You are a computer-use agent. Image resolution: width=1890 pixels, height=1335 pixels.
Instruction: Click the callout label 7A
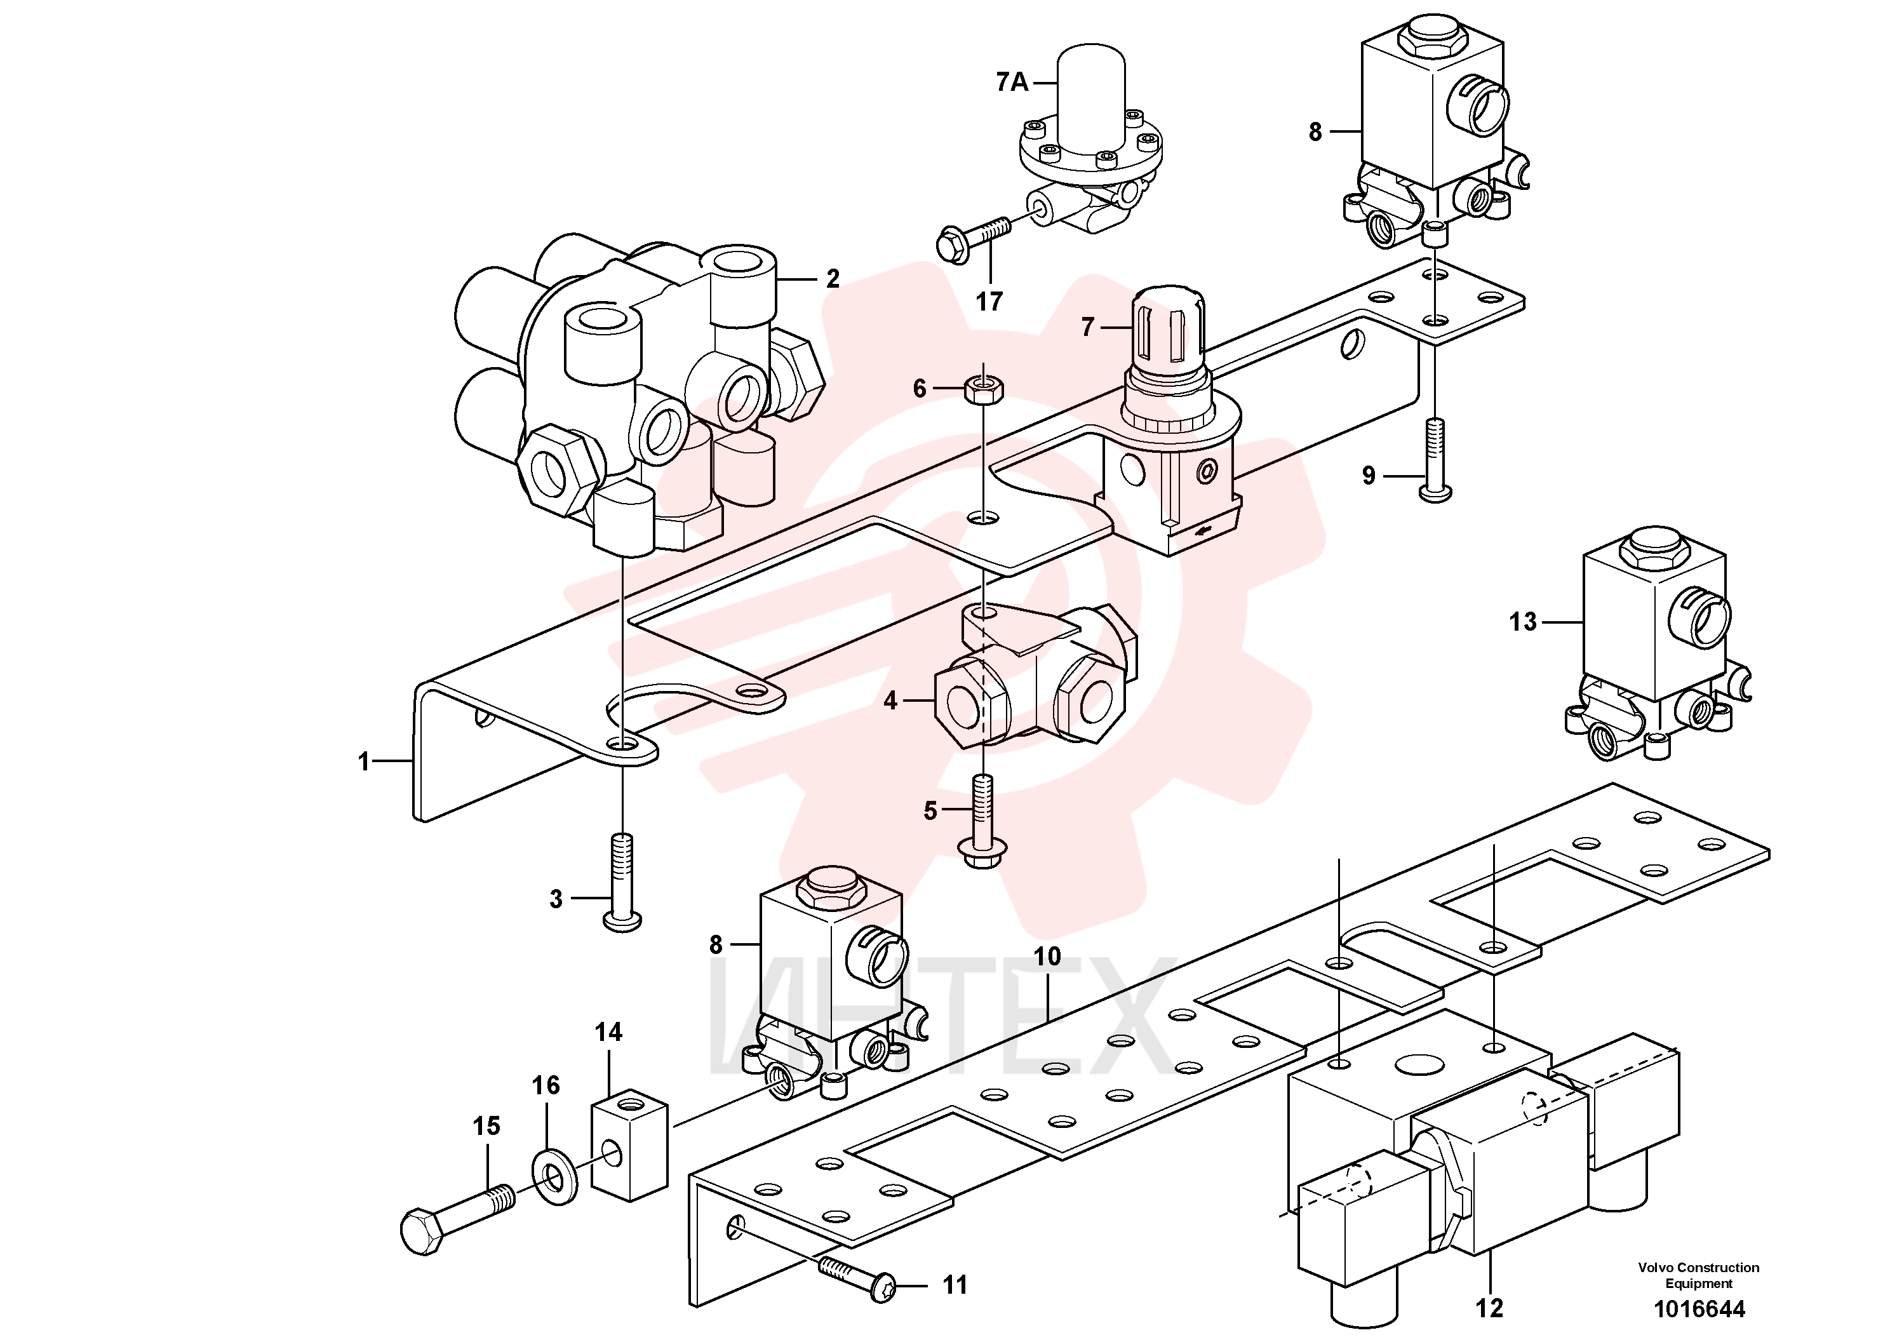pos(1012,83)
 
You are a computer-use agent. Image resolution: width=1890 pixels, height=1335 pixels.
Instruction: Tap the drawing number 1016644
pos(1699,1310)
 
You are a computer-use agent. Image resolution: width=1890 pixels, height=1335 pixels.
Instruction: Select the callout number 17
pos(989,302)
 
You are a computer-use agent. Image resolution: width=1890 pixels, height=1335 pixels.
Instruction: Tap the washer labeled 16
pos(556,1177)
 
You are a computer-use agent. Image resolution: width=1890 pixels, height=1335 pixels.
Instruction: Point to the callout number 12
pos(1489,1308)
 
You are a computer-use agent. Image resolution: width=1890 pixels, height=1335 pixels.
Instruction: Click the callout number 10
pos(1047,956)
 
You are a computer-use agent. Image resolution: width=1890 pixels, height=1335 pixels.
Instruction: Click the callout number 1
pos(364,761)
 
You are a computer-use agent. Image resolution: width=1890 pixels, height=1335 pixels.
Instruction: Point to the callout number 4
pos(890,701)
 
